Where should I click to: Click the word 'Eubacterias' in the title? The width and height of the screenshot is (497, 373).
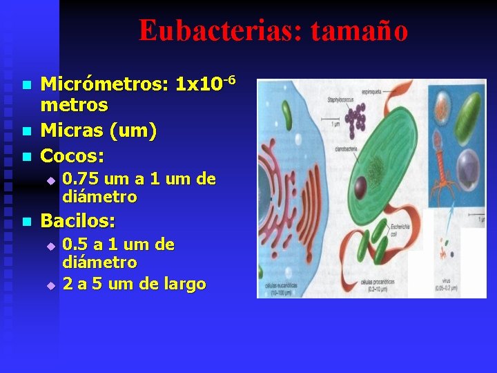coord(216,31)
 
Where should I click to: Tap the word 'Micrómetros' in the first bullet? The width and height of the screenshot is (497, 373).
coord(104,85)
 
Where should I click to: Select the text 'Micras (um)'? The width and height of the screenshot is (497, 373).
coord(99,130)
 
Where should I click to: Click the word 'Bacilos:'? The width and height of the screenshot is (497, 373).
coord(78,221)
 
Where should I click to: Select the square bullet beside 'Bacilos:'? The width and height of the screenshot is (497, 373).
coord(26,222)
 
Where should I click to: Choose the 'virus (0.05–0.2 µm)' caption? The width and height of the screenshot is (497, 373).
coord(448,287)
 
